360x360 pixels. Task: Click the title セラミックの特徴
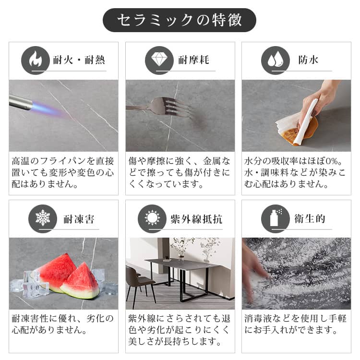click(x=180, y=20)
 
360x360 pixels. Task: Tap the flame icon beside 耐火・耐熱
click(x=36, y=60)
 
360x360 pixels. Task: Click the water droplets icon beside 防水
click(x=276, y=60)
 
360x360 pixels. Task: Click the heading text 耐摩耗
click(x=193, y=60)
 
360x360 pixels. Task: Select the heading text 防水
click(x=308, y=60)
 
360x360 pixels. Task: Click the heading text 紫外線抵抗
click(x=196, y=219)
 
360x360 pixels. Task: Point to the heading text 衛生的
click(x=310, y=218)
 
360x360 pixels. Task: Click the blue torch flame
click(x=48, y=110)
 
